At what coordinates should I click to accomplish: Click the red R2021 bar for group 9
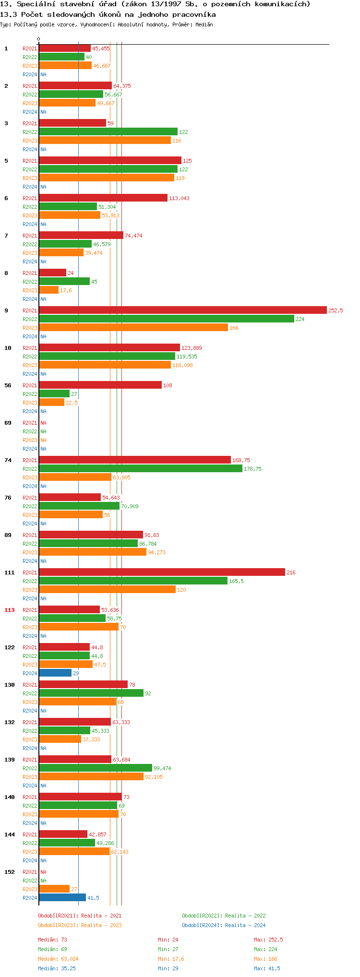pyautogui.click(x=182, y=310)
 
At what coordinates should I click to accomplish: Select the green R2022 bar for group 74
pyautogui.click(x=141, y=469)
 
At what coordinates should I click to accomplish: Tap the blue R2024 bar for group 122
pyautogui.click(x=55, y=673)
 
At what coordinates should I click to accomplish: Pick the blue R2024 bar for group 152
pyautogui.click(x=62, y=898)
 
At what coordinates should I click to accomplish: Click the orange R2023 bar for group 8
pyautogui.click(x=48, y=290)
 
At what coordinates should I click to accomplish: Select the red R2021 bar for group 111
pyautogui.click(x=162, y=572)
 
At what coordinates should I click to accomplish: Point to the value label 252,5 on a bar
pyautogui.click(x=336, y=310)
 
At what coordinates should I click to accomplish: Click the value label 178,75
pyautogui.click(x=252, y=469)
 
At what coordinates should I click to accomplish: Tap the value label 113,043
pyautogui.click(x=179, y=198)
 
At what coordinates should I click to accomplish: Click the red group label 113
pyautogui.click(x=10, y=610)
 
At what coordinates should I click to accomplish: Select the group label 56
pyautogui.click(x=8, y=385)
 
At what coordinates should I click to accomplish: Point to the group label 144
pyautogui.click(x=10, y=834)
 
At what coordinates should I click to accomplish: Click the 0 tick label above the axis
pyautogui.click(x=39, y=39)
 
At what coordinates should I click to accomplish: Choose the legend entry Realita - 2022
pyautogui.click(x=224, y=916)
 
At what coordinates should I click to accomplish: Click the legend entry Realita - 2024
pyautogui.click(x=224, y=925)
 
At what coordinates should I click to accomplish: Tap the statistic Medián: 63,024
pyautogui.click(x=58, y=959)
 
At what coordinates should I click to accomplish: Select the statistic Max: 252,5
pyautogui.click(x=268, y=940)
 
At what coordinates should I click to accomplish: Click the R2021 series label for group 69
pyautogui.click(x=30, y=423)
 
